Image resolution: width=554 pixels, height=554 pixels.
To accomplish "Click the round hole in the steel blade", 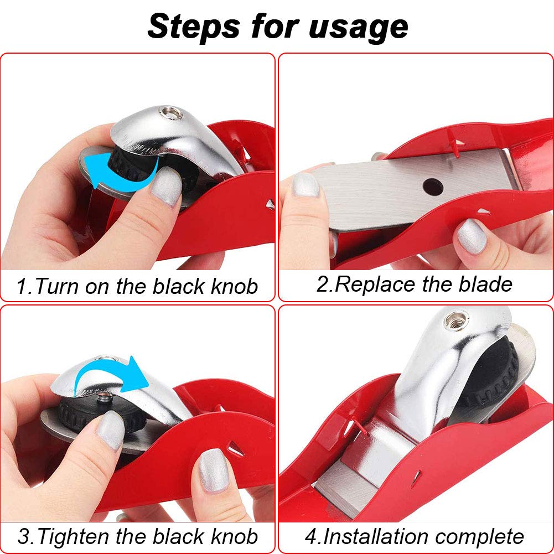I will click(433, 186).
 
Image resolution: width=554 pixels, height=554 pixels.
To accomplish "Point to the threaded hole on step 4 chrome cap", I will click(458, 320).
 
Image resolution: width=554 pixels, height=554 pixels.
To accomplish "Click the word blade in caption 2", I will click(485, 284).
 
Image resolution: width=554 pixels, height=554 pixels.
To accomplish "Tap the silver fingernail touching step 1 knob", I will click(165, 187).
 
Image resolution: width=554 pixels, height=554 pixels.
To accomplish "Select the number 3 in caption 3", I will click(23, 537).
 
